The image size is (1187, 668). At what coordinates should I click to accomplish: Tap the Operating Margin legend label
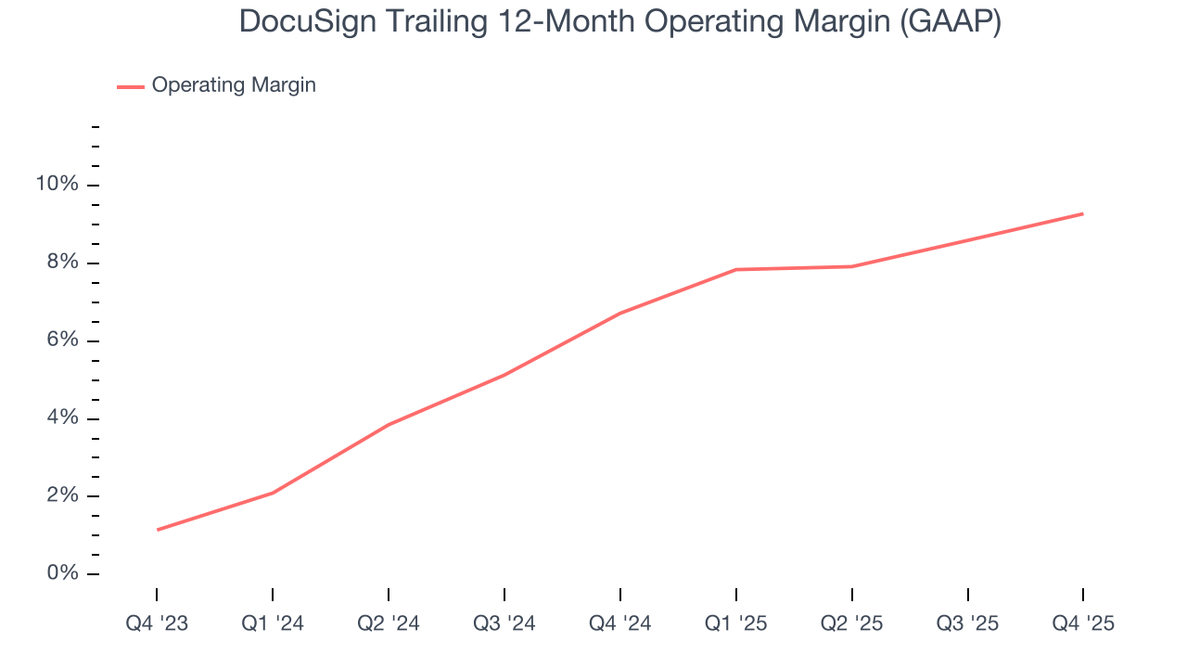click(234, 85)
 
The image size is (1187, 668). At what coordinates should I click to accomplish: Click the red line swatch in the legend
click(131, 86)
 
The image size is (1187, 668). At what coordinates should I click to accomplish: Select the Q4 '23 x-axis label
click(157, 624)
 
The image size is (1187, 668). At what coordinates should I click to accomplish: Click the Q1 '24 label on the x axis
click(273, 624)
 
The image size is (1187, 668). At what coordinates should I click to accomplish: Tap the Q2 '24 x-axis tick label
click(389, 624)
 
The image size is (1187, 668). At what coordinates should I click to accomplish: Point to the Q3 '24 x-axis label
click(504, 624)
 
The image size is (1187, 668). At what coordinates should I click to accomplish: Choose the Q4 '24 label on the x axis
click(620, 624)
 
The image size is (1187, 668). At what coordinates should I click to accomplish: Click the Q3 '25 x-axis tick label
click(968, 624)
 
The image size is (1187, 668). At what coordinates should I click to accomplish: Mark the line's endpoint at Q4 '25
click(1083, 214)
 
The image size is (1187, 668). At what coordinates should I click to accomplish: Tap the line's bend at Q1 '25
click(736, 270)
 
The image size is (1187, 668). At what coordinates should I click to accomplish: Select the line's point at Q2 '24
click(389, 425)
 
